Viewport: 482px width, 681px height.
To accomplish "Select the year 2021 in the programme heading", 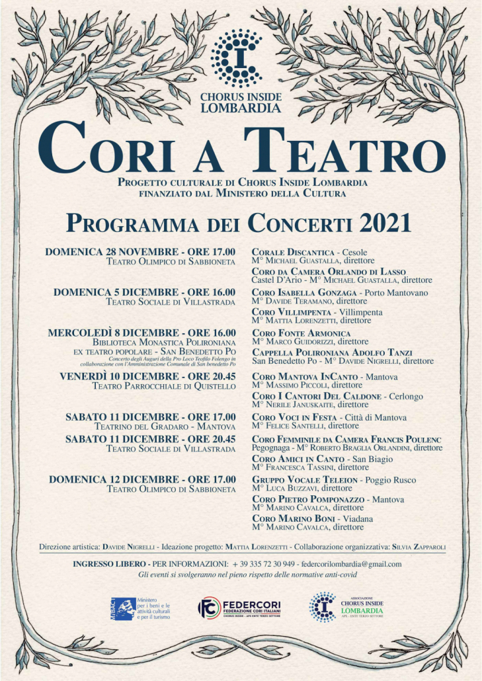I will (386, 223).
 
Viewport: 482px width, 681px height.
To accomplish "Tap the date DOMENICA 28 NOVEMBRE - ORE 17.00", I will (140, 252).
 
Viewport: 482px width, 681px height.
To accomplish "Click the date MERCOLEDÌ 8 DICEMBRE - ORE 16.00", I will (141, 333).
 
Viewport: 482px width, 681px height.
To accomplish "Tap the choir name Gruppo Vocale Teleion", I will (305, 479).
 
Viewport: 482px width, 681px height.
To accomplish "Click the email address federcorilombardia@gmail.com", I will (351, 564).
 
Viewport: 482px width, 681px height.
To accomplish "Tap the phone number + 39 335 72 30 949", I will (264, 564).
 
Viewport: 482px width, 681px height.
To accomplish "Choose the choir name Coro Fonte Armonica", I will (301, 333).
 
